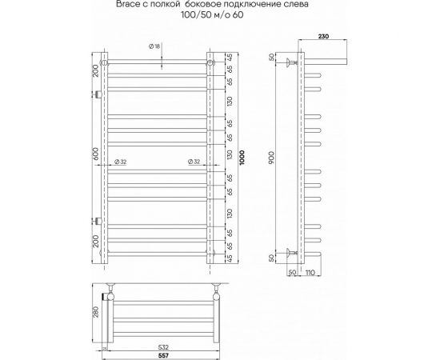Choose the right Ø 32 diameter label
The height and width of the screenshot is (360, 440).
193,161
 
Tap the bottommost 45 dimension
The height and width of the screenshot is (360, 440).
230,258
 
